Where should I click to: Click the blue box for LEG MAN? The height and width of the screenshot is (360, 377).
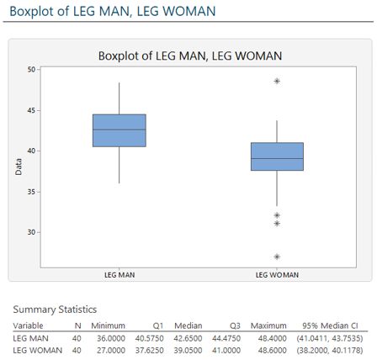tap(119, 130)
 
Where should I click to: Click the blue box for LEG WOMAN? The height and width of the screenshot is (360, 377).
tap(277, 156)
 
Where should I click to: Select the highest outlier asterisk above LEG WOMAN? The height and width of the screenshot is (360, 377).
tap(277, 82)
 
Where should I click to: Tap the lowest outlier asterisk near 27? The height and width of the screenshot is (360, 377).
tap(277, 257)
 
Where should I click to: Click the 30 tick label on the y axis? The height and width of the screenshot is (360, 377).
tap(32, 232)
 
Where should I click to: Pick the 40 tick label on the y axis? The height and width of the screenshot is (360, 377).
tap(32, 151)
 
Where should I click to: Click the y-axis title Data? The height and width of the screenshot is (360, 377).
tap(18, 167)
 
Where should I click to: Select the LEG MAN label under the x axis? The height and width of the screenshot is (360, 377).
tap(119, 274)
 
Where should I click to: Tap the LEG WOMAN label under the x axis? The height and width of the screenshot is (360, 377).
tap(277, 274)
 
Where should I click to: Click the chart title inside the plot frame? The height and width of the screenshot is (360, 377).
tap(189, 56)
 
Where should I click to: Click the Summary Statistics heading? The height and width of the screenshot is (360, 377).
tap(54, 309)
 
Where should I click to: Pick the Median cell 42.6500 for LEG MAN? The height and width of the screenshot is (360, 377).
tap(186, 337)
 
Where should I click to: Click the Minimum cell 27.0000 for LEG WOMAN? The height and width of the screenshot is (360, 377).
tap(109, 350)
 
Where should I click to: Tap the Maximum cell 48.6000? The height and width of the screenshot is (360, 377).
tap(269, 350)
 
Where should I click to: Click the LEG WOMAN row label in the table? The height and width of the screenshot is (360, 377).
tap(37, 350)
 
